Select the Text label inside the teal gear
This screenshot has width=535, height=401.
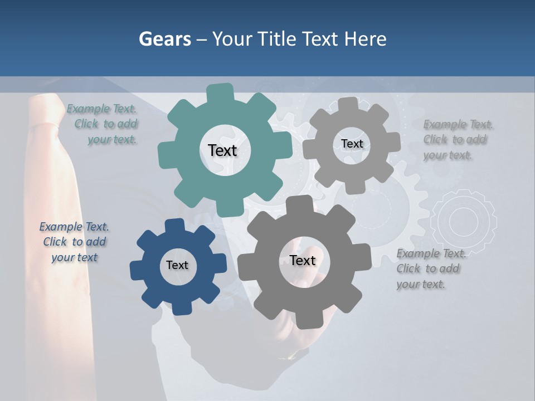[x=222, y=150]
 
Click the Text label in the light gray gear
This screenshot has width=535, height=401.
[x=352, y=144]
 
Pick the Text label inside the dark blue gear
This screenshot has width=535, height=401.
[x=177, y=265]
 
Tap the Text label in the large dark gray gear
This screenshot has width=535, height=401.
[x=303, y=260]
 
